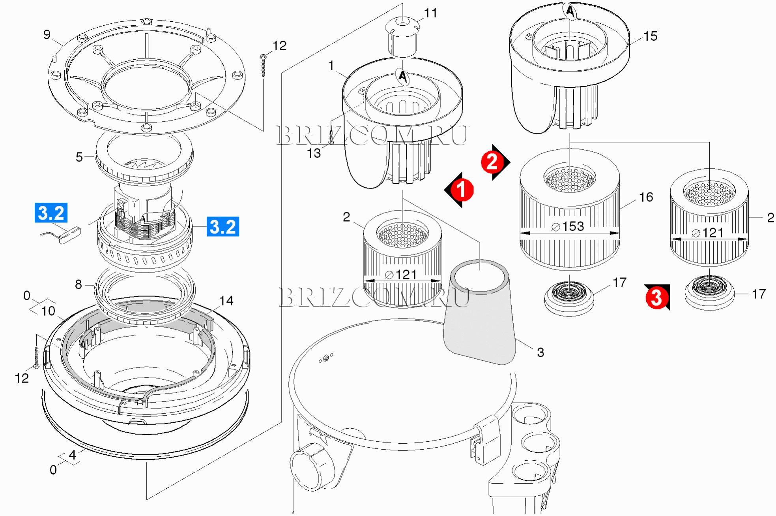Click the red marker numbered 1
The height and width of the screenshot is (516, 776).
coord(459,190)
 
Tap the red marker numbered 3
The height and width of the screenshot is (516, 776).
coord(657,297)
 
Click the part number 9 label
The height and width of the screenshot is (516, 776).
coord(47,35)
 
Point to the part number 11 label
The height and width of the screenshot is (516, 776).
coord(430,13)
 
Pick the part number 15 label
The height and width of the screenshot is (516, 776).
coord(651,36)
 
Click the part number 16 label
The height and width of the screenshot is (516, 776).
coord(646,197)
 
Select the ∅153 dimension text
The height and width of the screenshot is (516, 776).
coord(567,226)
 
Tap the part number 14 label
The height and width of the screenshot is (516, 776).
coord(226,301)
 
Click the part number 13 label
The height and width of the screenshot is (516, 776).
coord(314,153)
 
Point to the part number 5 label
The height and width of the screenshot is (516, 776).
coord(79,157)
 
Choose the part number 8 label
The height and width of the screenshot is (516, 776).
coord(79,284)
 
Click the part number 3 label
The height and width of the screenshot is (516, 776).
coord(540,352)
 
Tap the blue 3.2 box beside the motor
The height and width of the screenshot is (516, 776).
coord(223,227)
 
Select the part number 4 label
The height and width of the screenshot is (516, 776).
coord(72,455)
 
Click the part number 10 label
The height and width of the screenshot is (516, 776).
coord(48,311)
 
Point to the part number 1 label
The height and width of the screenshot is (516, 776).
coord(331,66)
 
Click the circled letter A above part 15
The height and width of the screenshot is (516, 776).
coord(570,11)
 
